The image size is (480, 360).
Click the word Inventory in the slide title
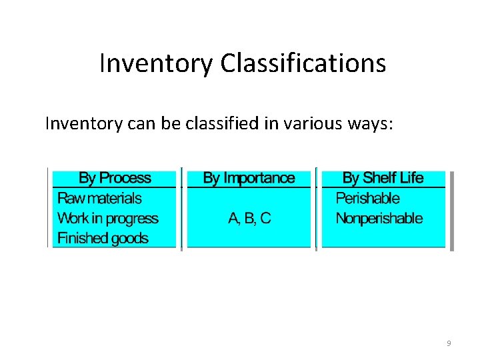point(156,64)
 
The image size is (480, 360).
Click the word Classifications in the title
point(303,64)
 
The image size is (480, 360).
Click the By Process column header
point(115,178)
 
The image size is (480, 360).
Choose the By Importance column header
point(249,178)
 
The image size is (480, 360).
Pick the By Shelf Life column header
point(383,178)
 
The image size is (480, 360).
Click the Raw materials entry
point(99,198)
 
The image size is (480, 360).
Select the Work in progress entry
point(107,218)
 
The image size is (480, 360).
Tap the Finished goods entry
point(103,238)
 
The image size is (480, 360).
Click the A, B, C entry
point(249,218)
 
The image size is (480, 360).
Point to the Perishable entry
point(367,198)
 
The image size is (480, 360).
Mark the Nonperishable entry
point(379,218)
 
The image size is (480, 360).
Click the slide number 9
point(449,343)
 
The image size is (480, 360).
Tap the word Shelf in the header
point(379,178)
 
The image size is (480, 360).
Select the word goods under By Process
point(129,238)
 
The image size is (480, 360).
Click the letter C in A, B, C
point(265,218)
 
